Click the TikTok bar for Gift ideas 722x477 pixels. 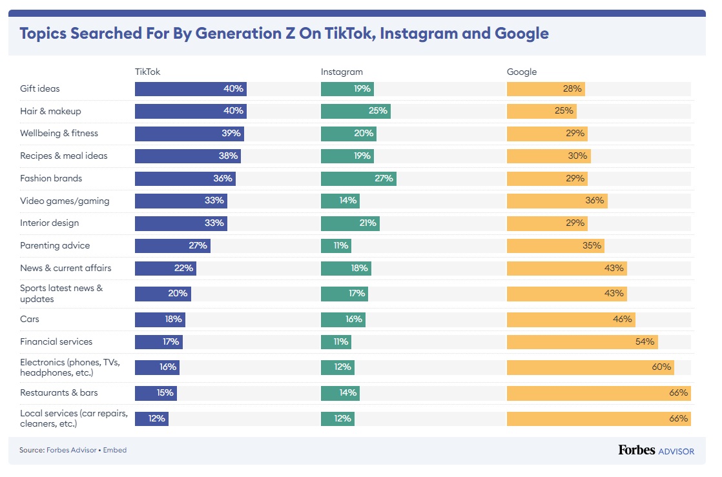191,89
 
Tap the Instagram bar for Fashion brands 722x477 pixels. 358,179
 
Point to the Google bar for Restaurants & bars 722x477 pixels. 598,392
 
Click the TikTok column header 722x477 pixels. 147,72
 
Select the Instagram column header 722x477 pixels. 342,72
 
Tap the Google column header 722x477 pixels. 522,72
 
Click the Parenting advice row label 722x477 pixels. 55,246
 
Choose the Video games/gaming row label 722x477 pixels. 65,201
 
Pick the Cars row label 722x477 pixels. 30,319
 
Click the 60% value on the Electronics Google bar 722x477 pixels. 662,367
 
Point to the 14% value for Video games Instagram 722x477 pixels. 347,201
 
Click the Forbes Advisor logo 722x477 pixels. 656,451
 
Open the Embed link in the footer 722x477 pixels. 116,450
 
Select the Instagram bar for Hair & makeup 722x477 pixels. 356,111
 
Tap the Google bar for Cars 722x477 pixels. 570,319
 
